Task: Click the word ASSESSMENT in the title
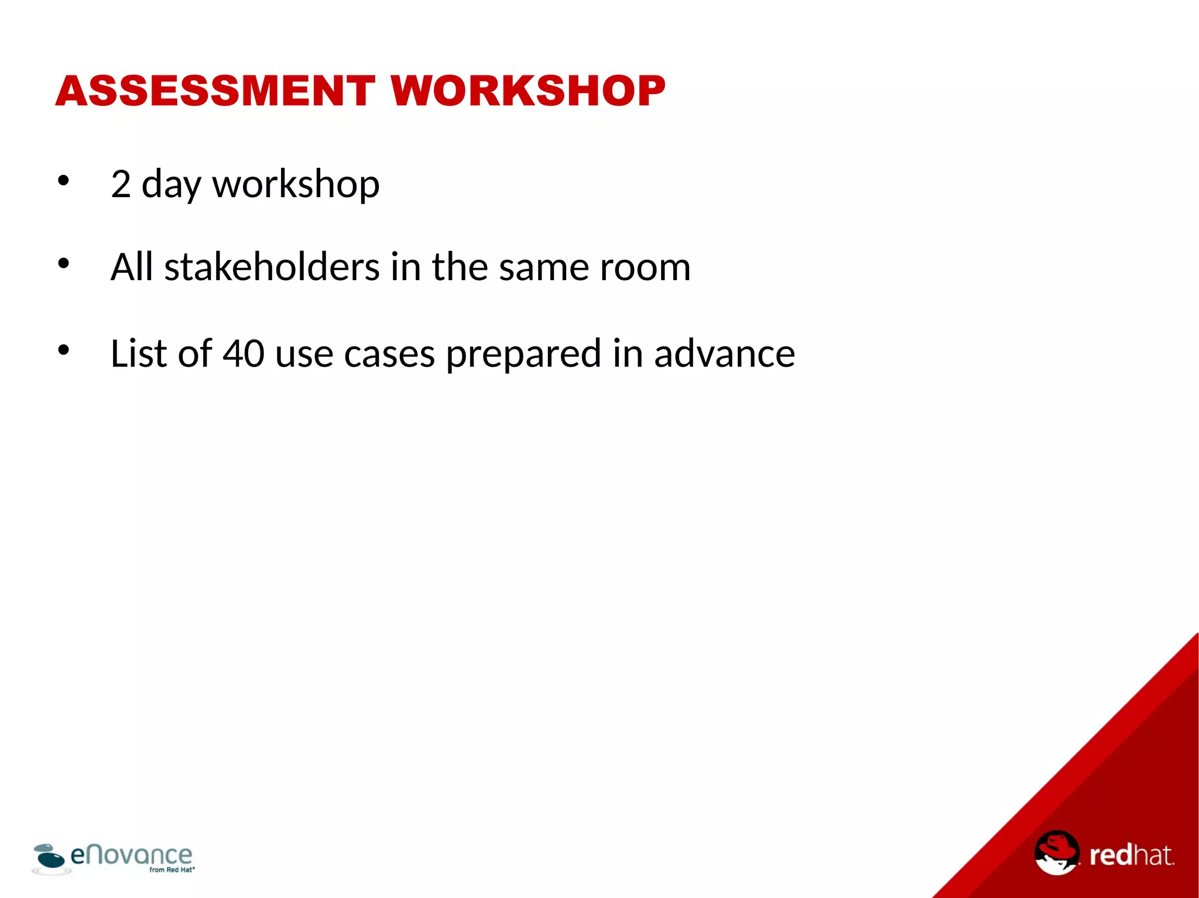215,91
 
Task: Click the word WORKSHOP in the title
528,91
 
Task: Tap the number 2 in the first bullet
121,184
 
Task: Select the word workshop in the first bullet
296,185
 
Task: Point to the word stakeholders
272,267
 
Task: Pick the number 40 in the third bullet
244,353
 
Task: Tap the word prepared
523,355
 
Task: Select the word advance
724,353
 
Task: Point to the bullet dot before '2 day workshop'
63,180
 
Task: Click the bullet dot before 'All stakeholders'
63,264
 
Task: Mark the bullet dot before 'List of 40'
63,350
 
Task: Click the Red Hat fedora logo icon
1056,852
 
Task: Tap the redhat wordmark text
1131,855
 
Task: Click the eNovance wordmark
131,855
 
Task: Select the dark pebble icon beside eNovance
49,858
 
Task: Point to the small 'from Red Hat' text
172,870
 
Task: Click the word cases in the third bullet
389,355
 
